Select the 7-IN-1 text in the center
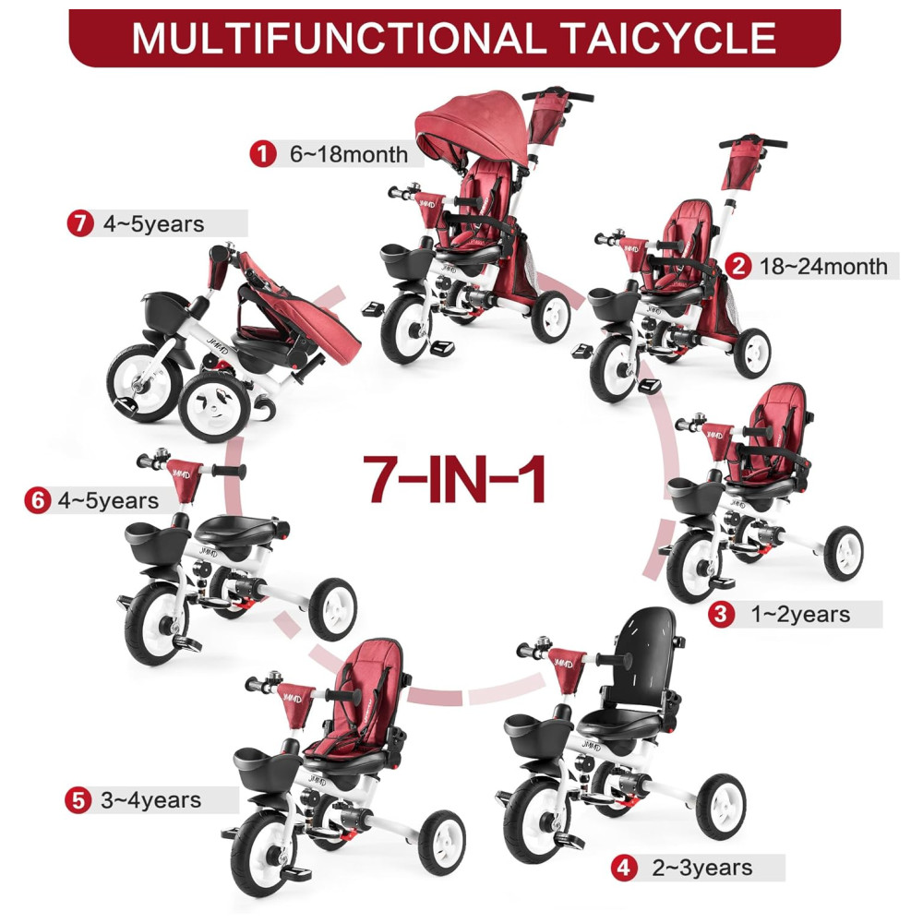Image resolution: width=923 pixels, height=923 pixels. click(x=454, y=479)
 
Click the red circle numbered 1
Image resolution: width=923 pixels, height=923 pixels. click(x=262, y=153)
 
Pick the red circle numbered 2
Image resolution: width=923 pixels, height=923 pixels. click(x=738, y=266)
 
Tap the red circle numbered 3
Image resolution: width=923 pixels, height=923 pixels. click(x=720, y=614)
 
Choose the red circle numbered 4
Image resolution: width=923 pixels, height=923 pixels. click(x=623, y=868)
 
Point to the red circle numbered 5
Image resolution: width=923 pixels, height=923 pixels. click(x=78, y=800)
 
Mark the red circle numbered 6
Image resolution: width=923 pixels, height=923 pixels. click(x=37, y=500)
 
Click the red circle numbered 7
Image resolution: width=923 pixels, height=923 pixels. click(x=80, y=223)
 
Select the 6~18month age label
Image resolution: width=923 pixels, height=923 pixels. click(x=349, y=154)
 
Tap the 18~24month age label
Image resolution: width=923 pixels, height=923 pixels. click(x=823, y=266)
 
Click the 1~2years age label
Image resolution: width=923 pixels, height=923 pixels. click(x=800, y=615)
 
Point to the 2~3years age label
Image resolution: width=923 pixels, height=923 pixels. click(x=702, y=868)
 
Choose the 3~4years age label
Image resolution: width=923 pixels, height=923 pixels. click(x=150, y=800)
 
